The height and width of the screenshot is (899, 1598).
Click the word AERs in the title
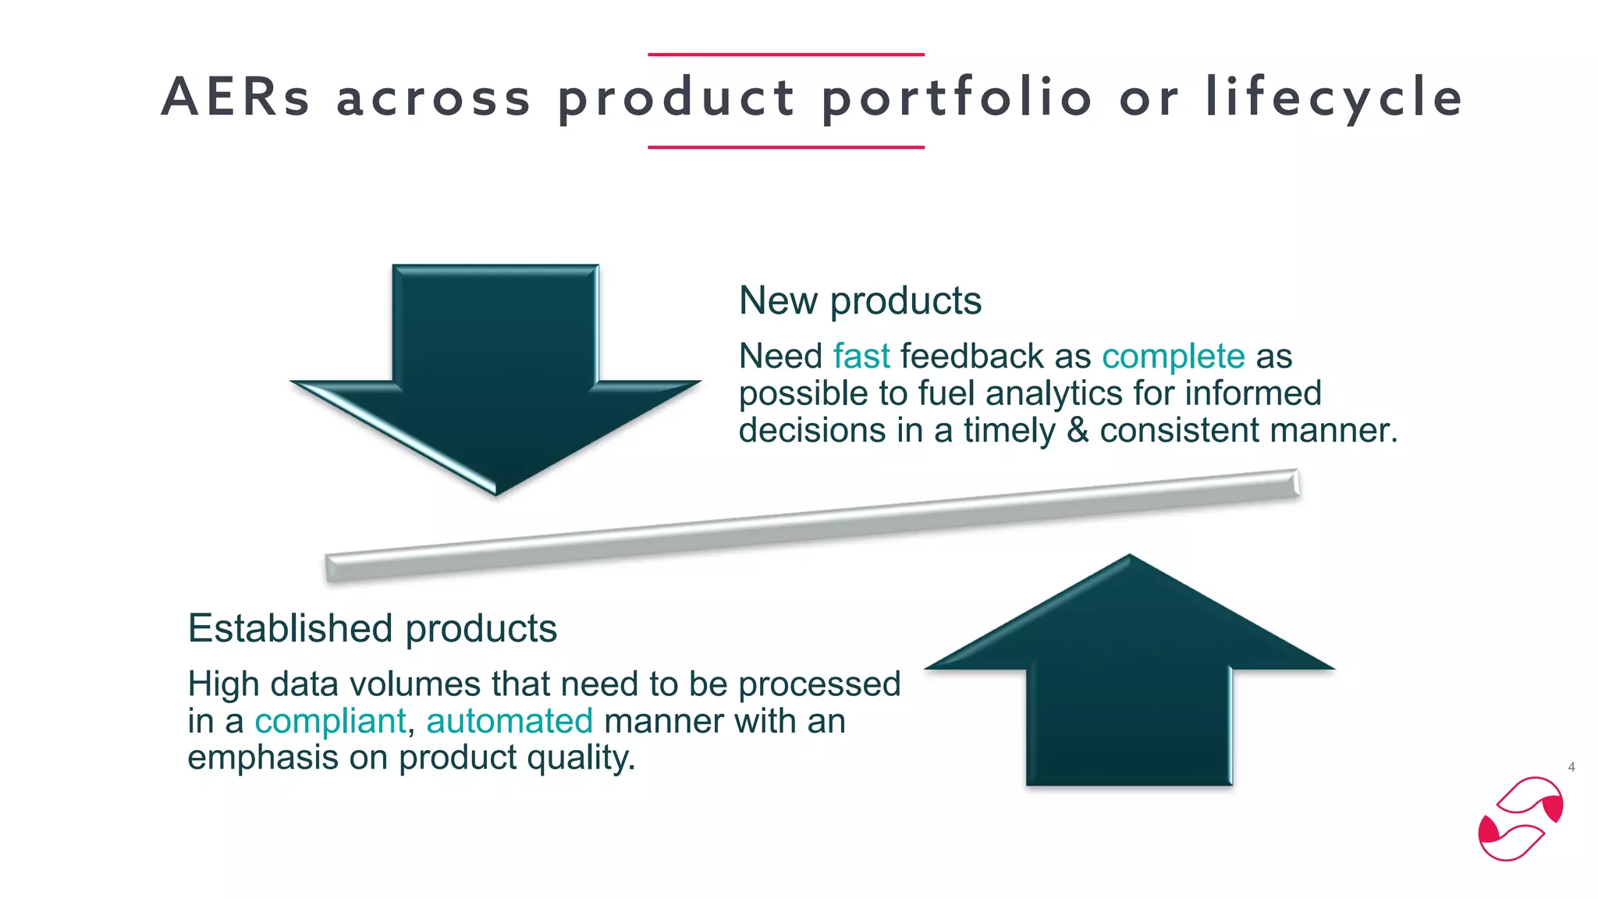click(236, 98)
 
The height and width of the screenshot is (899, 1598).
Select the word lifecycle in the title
click(1333, 98)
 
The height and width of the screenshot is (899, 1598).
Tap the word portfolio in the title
click(957, 98)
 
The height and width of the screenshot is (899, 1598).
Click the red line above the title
click(786, 55)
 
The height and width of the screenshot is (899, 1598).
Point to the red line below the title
click(786, 147)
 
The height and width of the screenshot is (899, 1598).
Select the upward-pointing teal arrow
click(1129, 671)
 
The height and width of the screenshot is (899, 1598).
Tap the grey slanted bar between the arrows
click(811, 525)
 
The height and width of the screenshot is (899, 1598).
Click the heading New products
click(860, 301)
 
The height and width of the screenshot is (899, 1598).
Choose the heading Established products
click(372, 629)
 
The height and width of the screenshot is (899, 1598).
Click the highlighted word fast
click(861, 357)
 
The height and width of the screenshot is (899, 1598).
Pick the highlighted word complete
click(1173, 357)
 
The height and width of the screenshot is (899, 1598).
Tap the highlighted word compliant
click(330, 721)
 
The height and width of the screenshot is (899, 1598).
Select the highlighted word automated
click(510, 721)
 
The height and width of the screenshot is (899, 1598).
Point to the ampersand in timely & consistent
click(1078, 431)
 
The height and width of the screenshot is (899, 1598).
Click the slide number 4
click(1571, 767)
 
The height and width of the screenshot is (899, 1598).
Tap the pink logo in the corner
click(1520, 819)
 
